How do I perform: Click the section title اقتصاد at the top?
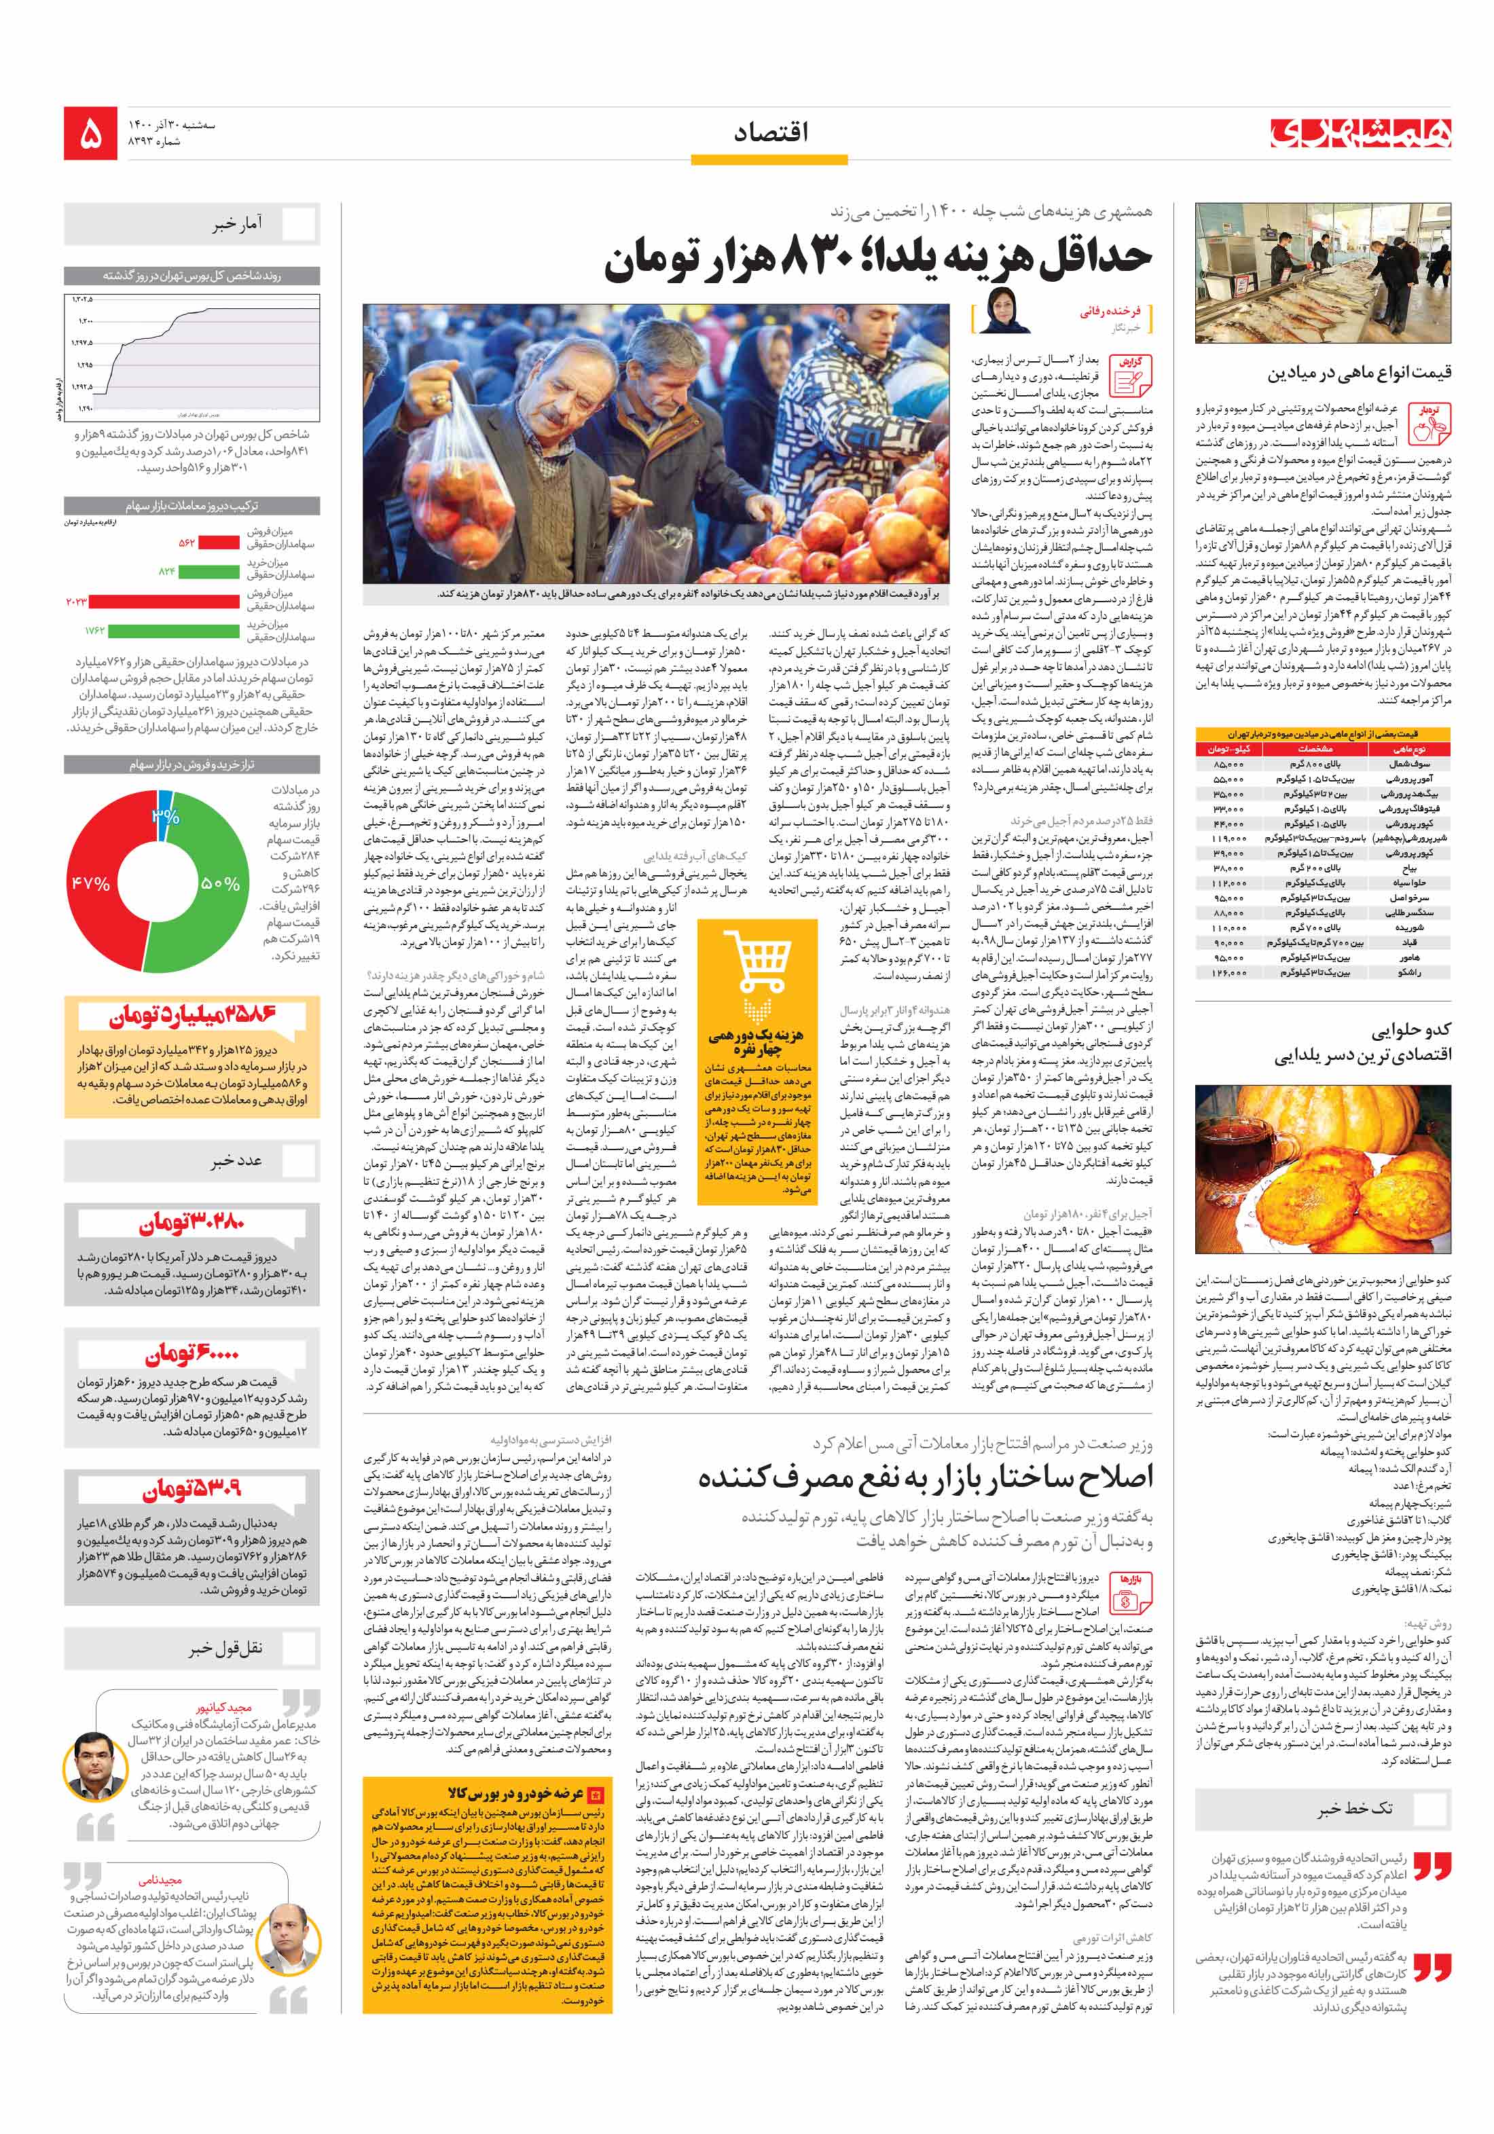coord(770,133)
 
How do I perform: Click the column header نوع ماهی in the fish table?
coord(1408,748)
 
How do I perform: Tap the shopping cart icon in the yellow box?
coord(757,962)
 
